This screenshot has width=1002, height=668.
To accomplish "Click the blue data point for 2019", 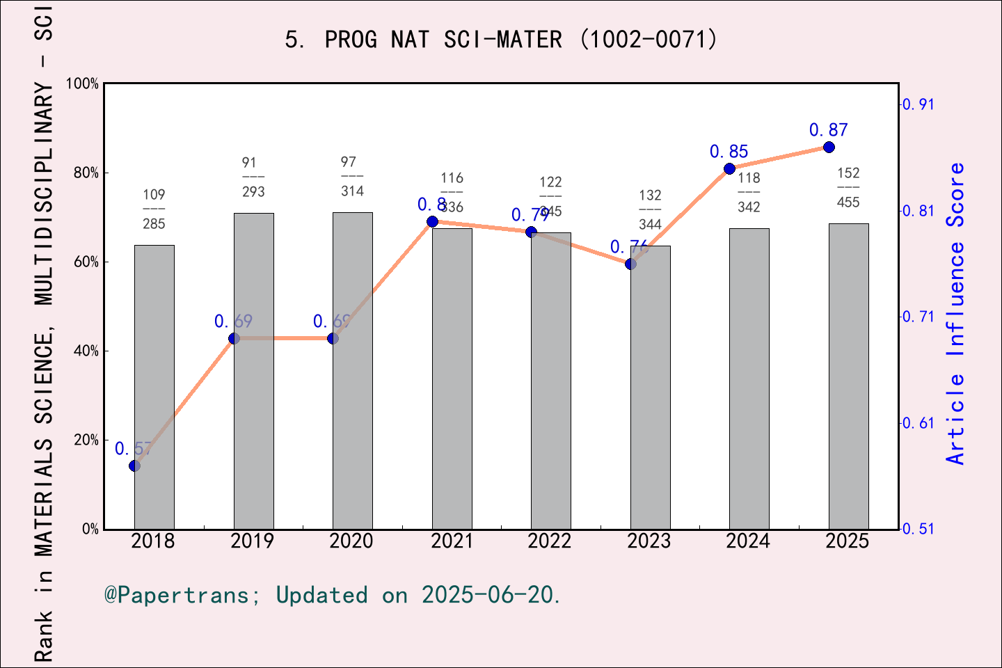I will pos(234,338).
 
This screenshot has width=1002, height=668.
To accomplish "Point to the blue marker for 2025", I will pos(829,147).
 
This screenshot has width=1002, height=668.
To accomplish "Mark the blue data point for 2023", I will pos(630,264).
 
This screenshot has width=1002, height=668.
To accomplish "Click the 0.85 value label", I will pos(729,152).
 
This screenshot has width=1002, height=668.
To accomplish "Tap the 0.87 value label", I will pos(828,130).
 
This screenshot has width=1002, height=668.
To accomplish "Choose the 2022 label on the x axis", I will pos(550,541).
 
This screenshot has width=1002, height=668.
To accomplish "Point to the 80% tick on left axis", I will pos(86,173).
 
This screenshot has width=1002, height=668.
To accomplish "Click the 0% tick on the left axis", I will pos(90,529).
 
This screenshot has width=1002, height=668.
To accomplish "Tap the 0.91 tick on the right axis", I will pos(918,104).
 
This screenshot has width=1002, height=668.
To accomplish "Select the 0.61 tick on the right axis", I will pos(918,423).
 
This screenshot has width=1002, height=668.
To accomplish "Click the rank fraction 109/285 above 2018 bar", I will pos(154,209).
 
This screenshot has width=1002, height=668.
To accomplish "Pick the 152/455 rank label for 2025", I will pos(848,188).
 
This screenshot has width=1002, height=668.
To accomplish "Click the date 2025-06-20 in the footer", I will pos(490,595).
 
